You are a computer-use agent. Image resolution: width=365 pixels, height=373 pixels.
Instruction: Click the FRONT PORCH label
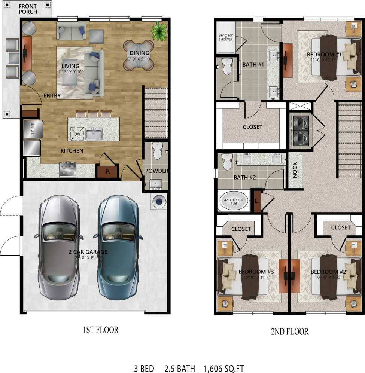[28, 9]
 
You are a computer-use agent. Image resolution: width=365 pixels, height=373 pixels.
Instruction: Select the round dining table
[139, 55]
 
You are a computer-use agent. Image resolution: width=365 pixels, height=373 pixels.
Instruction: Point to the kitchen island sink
[94, 134]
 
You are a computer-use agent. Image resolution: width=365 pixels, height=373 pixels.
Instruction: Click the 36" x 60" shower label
[226, 37]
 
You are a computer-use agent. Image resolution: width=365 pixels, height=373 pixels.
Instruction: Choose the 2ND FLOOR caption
[289, 331]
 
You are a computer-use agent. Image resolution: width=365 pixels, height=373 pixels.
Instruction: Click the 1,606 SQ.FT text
[224, 369]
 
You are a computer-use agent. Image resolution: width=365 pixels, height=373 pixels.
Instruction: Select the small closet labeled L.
[257, 201]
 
